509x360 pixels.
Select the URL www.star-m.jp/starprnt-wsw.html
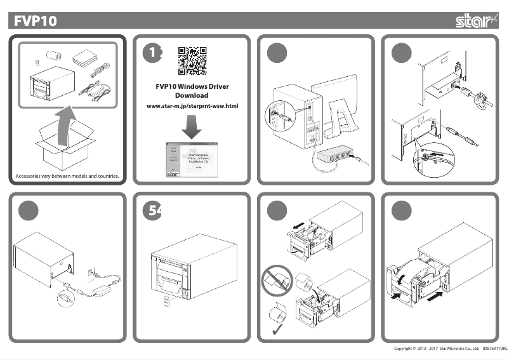point(192,105)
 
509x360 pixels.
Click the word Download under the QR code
point(192,95)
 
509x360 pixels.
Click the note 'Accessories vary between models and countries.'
point(67,176)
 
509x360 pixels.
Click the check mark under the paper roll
point(277,331)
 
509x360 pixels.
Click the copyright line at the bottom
point(449,349)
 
